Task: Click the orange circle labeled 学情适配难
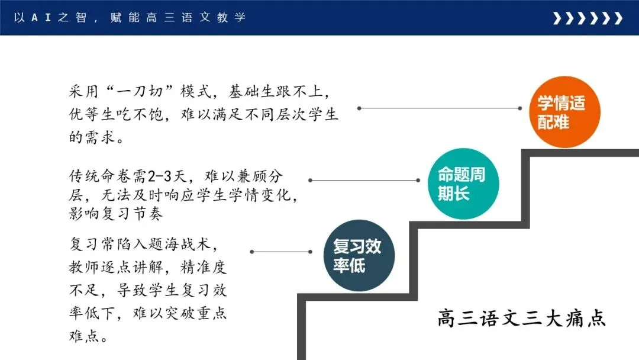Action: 561,113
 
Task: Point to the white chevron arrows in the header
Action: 587,18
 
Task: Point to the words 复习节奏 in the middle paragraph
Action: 128,213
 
